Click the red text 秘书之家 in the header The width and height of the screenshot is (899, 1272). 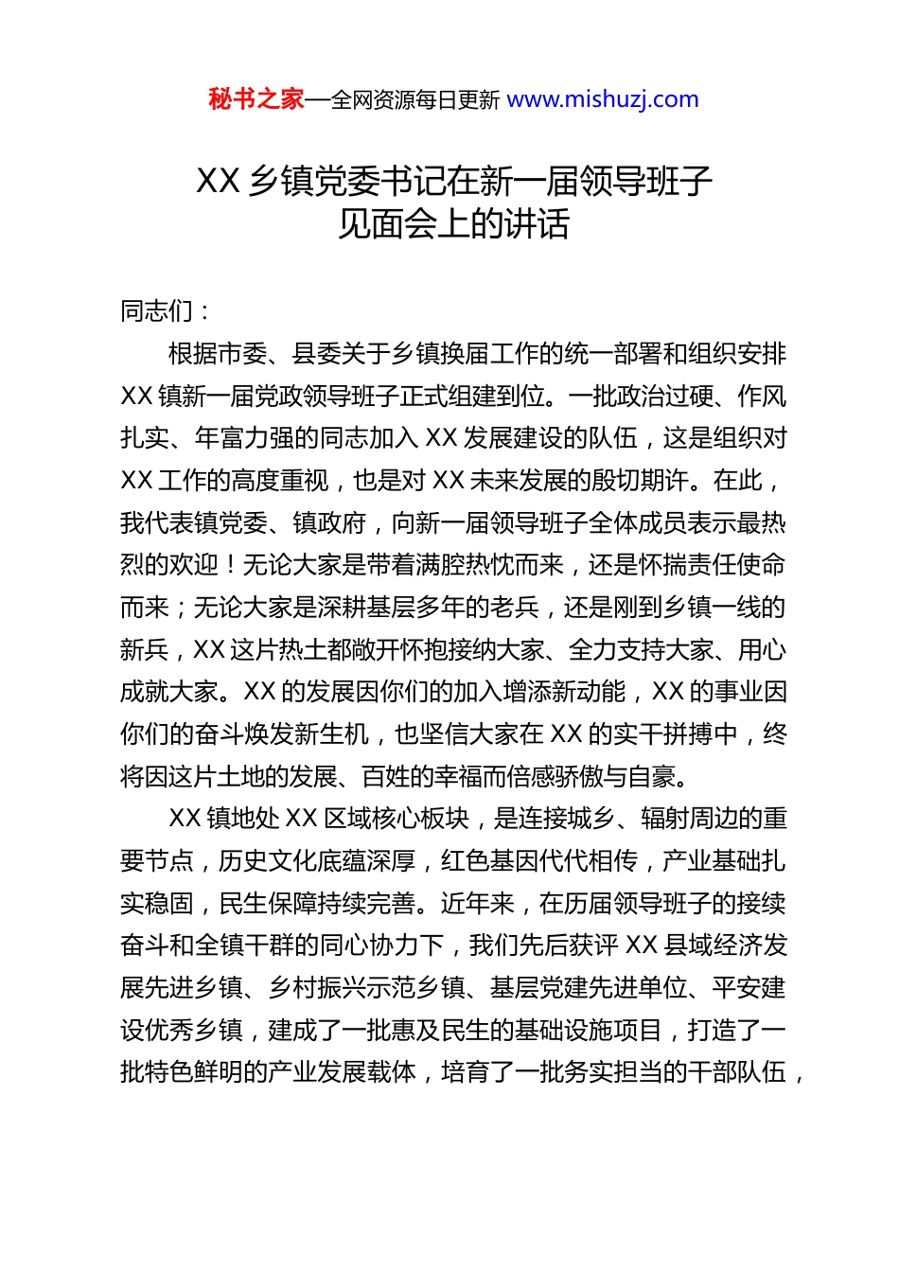[256, 99]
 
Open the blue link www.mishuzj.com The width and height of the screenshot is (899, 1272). [603, 99]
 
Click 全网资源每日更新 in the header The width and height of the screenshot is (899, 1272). [415, 100]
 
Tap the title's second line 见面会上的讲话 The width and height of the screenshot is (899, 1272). [454, 224]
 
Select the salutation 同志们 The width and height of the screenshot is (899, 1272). [157, 311]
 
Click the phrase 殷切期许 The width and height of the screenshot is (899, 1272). [641, 481]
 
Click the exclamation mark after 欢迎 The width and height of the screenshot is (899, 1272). [230, 565]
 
